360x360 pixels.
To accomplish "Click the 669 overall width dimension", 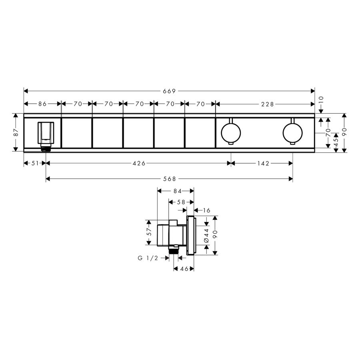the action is tap(169, 91).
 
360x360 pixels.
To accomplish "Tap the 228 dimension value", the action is tap(268, 104).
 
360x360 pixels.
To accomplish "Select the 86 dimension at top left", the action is tap(42, 104).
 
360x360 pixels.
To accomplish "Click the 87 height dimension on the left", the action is tap(16, 132).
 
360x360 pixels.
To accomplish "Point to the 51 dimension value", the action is tap(35, 163).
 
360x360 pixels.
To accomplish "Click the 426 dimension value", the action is tap(139, 163).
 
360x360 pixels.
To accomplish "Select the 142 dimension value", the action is tap(263, 163).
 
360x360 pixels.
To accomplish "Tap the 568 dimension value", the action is tap(170, 179).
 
